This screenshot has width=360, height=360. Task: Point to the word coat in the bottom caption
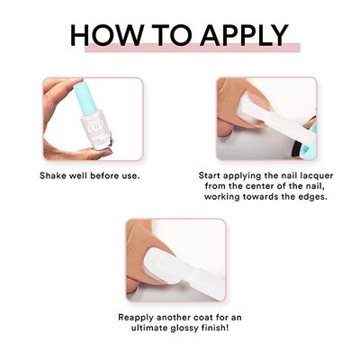coord(210,318)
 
